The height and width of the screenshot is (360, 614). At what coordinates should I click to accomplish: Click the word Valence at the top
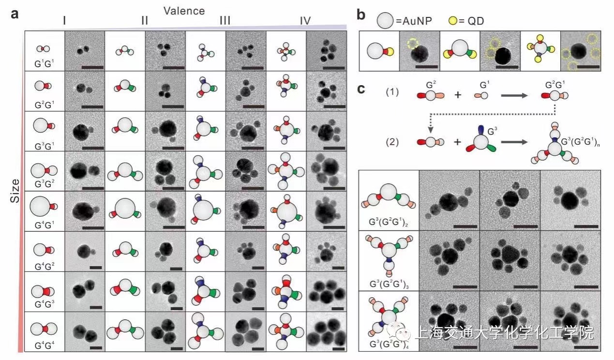(184, 11)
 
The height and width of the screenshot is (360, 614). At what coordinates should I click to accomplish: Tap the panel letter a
(15, 14)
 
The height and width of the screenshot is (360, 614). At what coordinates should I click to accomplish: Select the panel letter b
(361, 15)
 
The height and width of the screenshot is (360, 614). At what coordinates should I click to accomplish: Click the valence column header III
(225, 20)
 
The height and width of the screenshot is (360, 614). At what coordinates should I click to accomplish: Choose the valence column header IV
(305, 20)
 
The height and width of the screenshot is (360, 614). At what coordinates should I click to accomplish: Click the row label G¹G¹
(45, 64)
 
